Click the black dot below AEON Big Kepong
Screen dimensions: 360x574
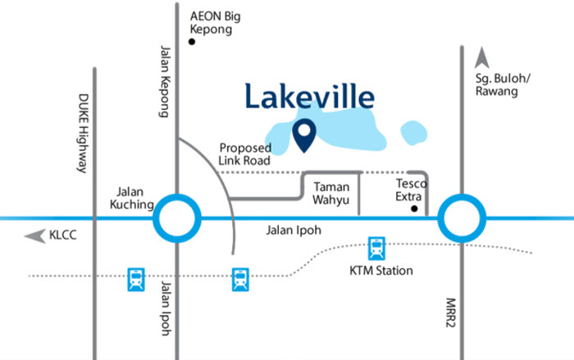point(192,42)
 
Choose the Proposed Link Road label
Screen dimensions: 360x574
point(245,153)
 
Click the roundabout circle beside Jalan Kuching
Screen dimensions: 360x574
point(177,218)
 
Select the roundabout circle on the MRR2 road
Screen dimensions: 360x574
point(461,218)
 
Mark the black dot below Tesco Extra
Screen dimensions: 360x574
point(415,209)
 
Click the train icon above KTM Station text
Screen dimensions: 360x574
point(376,247)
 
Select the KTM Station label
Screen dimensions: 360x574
point(377,271)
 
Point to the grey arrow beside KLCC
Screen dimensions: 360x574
point(34,237)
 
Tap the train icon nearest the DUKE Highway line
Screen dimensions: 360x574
point(135,280)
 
